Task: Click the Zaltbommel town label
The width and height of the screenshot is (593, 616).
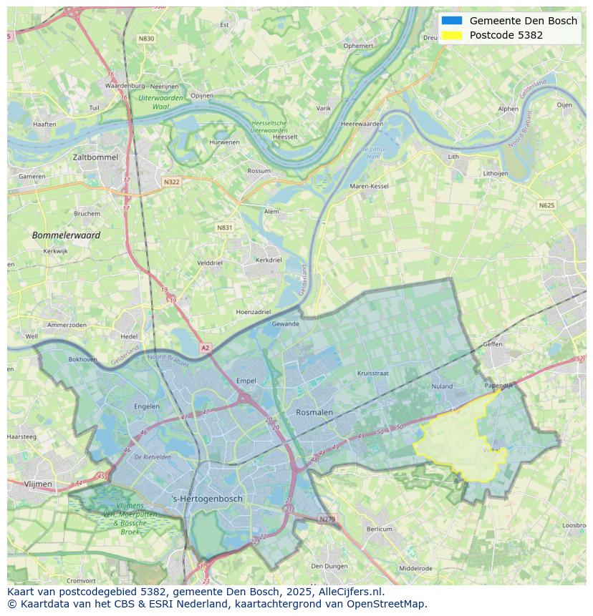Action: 95,156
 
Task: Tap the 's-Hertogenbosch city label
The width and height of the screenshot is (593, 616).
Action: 208,499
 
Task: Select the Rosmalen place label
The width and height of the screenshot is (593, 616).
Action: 314,412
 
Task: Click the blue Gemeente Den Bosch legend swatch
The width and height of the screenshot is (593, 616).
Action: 452,21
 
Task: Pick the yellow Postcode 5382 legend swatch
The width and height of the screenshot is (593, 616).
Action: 452,35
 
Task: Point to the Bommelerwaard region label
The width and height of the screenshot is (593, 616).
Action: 66,235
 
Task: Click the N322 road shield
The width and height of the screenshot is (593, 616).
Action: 171,182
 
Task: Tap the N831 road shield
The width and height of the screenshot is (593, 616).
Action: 225,228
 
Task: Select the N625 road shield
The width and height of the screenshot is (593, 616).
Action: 546,205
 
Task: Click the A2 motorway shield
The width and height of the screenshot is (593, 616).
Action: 206,348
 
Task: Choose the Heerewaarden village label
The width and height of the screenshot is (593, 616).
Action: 362,124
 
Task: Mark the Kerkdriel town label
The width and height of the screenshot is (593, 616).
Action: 269,260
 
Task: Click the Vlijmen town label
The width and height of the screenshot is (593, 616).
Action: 38,484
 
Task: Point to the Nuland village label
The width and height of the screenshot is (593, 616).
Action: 442,386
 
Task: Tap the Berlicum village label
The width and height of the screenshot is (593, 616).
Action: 380,529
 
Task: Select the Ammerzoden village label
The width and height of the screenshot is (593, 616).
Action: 67,325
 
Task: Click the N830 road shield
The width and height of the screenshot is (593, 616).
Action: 146,39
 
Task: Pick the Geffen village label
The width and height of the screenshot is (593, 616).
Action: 493,344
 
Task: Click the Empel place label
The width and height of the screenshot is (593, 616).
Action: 246,381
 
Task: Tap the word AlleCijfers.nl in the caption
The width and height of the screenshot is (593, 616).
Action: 351,592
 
